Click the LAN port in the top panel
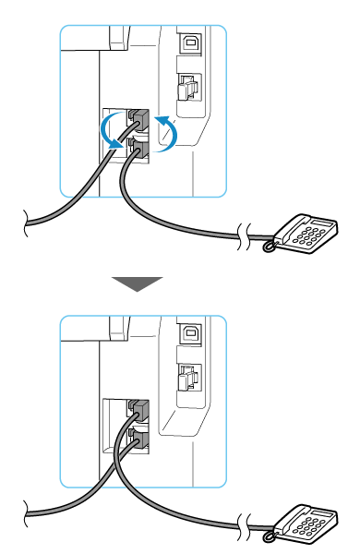[x=186, y=90]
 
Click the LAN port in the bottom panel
[x=186, y=379]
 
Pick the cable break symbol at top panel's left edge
[x=28, y=221]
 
